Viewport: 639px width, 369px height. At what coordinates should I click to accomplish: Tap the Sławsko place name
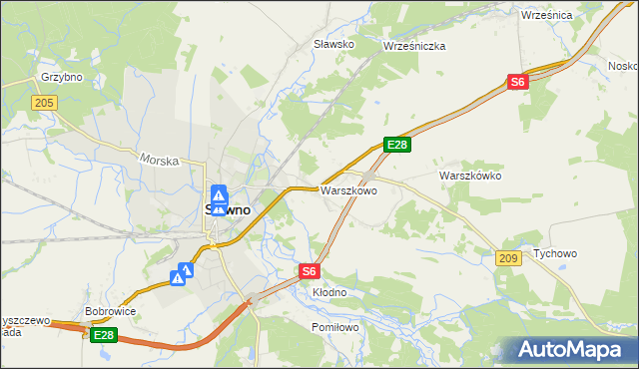(x=334, y=44)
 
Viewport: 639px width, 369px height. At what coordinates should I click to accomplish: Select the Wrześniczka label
(x=413, y=46)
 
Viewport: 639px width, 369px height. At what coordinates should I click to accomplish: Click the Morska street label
(x=159, y=160)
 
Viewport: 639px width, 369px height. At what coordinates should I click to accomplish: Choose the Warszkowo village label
(x=347, y=190)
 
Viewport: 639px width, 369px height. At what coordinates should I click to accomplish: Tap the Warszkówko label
(x=469, y=176)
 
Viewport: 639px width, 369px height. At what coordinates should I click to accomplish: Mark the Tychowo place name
(x=555, y=253)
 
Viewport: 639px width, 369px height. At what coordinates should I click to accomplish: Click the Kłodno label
(x=329, y=292)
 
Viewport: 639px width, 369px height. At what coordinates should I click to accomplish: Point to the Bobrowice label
(x=111, y=311)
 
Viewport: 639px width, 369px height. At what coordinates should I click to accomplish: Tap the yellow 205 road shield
(x=43, y=103)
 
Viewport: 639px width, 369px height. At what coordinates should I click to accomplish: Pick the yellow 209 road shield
(x=507, y=258)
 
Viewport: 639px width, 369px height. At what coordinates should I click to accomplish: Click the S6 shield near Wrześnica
(x=516, y=83)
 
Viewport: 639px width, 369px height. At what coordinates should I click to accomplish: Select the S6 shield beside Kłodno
(x=310, y=270)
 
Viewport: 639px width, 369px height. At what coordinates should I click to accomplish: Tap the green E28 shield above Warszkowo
(x=397, y=146)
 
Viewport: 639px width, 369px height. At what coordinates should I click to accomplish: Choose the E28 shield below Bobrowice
(x=104, y=336)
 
